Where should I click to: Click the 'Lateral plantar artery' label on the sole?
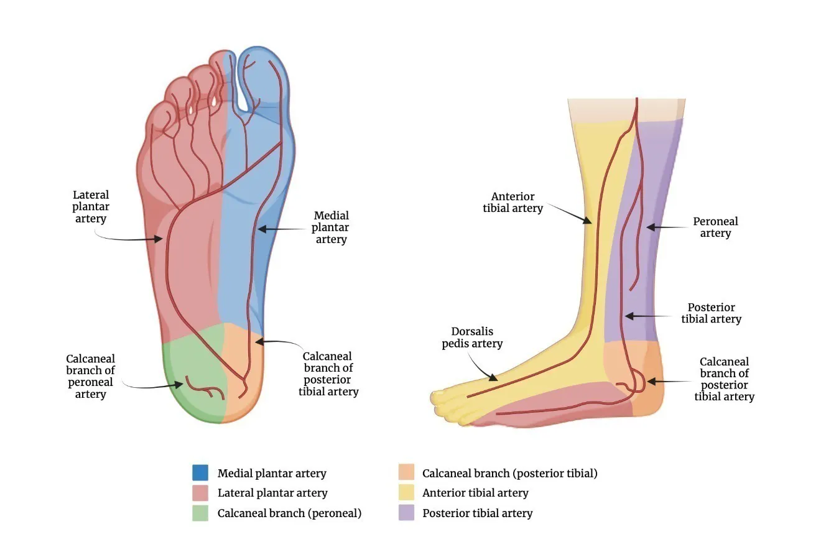(x=91, y=207)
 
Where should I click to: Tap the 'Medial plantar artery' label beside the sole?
(x=331, y=227)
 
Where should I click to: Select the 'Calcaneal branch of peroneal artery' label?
(x=91, y=376)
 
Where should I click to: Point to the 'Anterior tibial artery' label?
(x=513, y=203)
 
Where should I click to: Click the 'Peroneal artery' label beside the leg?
(x=715, y=227)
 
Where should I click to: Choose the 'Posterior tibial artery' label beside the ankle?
(x=711, y=313)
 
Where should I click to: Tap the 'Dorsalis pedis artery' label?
(x=472, y=337)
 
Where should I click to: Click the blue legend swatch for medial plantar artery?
(x=200, y=473)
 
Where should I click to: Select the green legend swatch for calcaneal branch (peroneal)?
(x=200, y=513)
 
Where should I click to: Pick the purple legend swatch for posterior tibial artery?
(x=406, y=513)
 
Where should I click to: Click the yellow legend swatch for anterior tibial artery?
(x=406, y=493)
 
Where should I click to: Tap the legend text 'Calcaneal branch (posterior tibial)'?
(x=509, y=473)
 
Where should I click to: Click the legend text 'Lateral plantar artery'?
(x=272, y=493)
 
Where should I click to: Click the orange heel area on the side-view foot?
(x=647, y=385)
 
